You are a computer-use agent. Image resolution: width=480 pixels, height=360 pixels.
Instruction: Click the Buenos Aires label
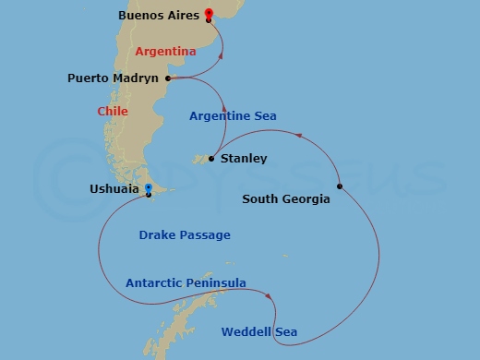(159, 16)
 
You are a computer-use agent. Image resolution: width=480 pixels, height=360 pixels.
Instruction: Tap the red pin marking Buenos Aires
(209, 14)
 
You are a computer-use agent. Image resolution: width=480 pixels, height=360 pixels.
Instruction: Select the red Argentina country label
(165, 52)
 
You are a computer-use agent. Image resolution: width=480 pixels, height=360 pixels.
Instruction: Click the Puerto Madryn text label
(114, 78)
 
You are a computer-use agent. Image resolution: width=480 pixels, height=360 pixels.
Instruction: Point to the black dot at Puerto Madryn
(168, 78)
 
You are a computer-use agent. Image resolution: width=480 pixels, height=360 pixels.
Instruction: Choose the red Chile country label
(113, 112)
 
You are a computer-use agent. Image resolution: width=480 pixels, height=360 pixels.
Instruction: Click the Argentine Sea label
(233, 116)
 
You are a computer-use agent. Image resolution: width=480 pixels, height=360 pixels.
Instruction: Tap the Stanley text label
(245, 159)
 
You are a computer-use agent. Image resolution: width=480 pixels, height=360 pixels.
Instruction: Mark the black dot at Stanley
(211, 159)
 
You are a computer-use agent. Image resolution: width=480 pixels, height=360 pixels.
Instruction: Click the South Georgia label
(285, 198)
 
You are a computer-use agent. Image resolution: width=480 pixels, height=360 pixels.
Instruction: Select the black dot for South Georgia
(340, 186)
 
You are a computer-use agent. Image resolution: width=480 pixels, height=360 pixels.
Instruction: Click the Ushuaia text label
(114, 189)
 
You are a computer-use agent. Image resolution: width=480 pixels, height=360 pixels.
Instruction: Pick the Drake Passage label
(185, 235)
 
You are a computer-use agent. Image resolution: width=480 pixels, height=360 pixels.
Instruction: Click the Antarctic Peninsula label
(186, 283)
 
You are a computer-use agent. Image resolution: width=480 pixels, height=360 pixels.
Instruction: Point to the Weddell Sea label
(258, 331)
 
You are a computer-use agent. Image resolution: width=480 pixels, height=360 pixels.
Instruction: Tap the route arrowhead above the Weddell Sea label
(269, 296)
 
